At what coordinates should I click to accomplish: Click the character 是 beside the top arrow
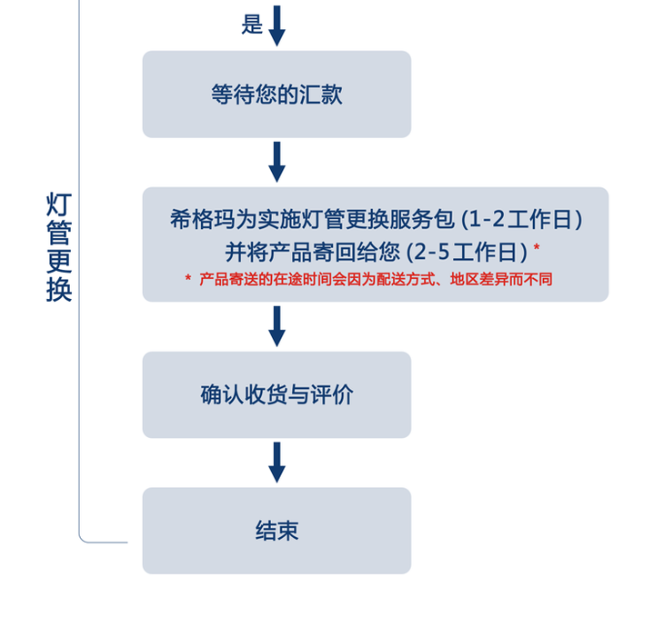click(x=252, y=25)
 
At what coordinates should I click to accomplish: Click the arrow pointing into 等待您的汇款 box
click(x=277, y=25)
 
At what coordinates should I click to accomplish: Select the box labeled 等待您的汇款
click(x=277, y=95)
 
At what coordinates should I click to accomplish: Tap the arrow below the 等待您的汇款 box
click(x=277, y=162)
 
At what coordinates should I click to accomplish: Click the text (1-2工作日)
click(x=522, y=219)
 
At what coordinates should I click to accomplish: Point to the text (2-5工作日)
click(x=467, y=250)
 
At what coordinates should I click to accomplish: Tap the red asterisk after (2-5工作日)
click(x=537, y=247)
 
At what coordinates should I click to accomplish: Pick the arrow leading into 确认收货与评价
click(x=277, y=326)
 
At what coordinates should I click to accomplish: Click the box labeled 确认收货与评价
click(x=277, y=394)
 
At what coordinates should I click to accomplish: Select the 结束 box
click(x=277, y=531)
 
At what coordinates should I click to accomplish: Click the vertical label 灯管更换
click(x=59, y=246)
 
